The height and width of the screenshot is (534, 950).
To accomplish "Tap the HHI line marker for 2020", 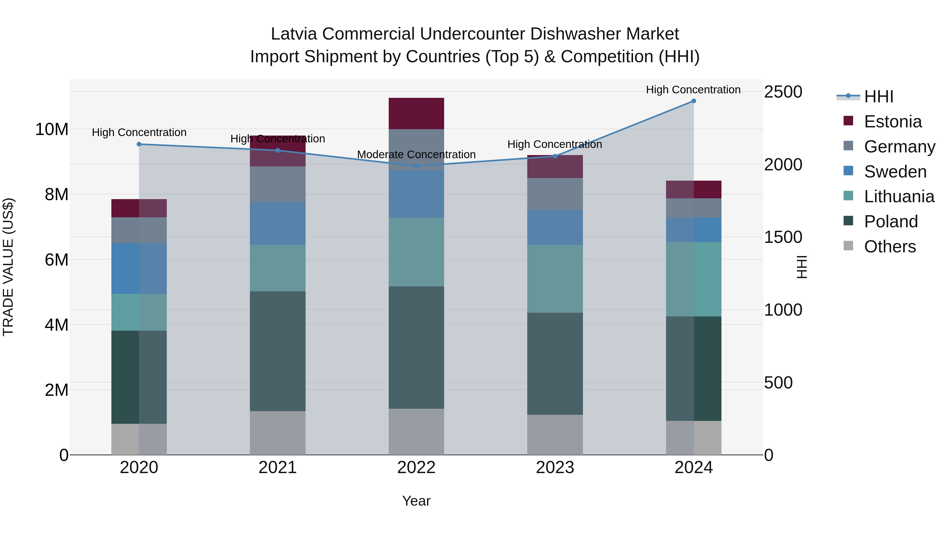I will click(139, 144).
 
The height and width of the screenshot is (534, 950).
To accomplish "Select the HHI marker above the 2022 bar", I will click(416, 166).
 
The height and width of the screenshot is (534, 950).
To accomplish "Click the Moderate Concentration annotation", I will click(416, 155).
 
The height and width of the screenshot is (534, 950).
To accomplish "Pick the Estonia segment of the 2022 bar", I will click(416, 113).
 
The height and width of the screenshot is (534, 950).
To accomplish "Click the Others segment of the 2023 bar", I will click(555, 435).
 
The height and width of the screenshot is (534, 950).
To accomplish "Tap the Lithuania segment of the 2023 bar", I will click(555, 279).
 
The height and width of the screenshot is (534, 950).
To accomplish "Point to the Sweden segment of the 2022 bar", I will click(416, 194).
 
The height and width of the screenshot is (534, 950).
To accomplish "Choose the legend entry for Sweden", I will click(895, 172).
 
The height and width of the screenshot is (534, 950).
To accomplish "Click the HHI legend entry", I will click(878, 97).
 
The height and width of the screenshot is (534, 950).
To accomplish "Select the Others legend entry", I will click(890, 247).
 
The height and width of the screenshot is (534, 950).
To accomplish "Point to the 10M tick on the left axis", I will click(52, 129).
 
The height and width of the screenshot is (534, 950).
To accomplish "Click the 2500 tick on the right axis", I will click(783, 92).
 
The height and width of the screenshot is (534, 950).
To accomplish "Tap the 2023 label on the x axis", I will click(555, 468).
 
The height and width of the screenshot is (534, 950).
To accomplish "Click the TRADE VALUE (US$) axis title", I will click(8, 267).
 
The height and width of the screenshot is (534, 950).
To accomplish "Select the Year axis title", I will click(416, 501).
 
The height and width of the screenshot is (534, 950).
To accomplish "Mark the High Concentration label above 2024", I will click(693, 90).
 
